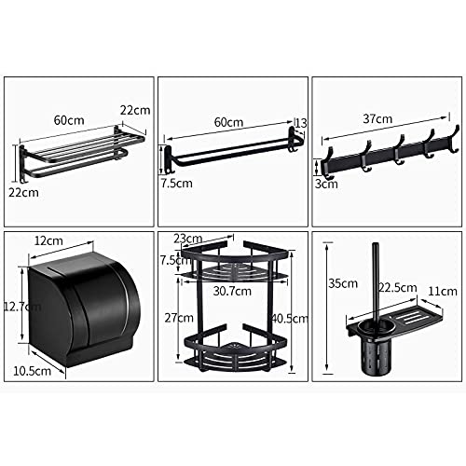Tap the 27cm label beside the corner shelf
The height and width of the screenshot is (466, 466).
point(175,318)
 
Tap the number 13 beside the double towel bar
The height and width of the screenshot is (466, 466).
point(300,123)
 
